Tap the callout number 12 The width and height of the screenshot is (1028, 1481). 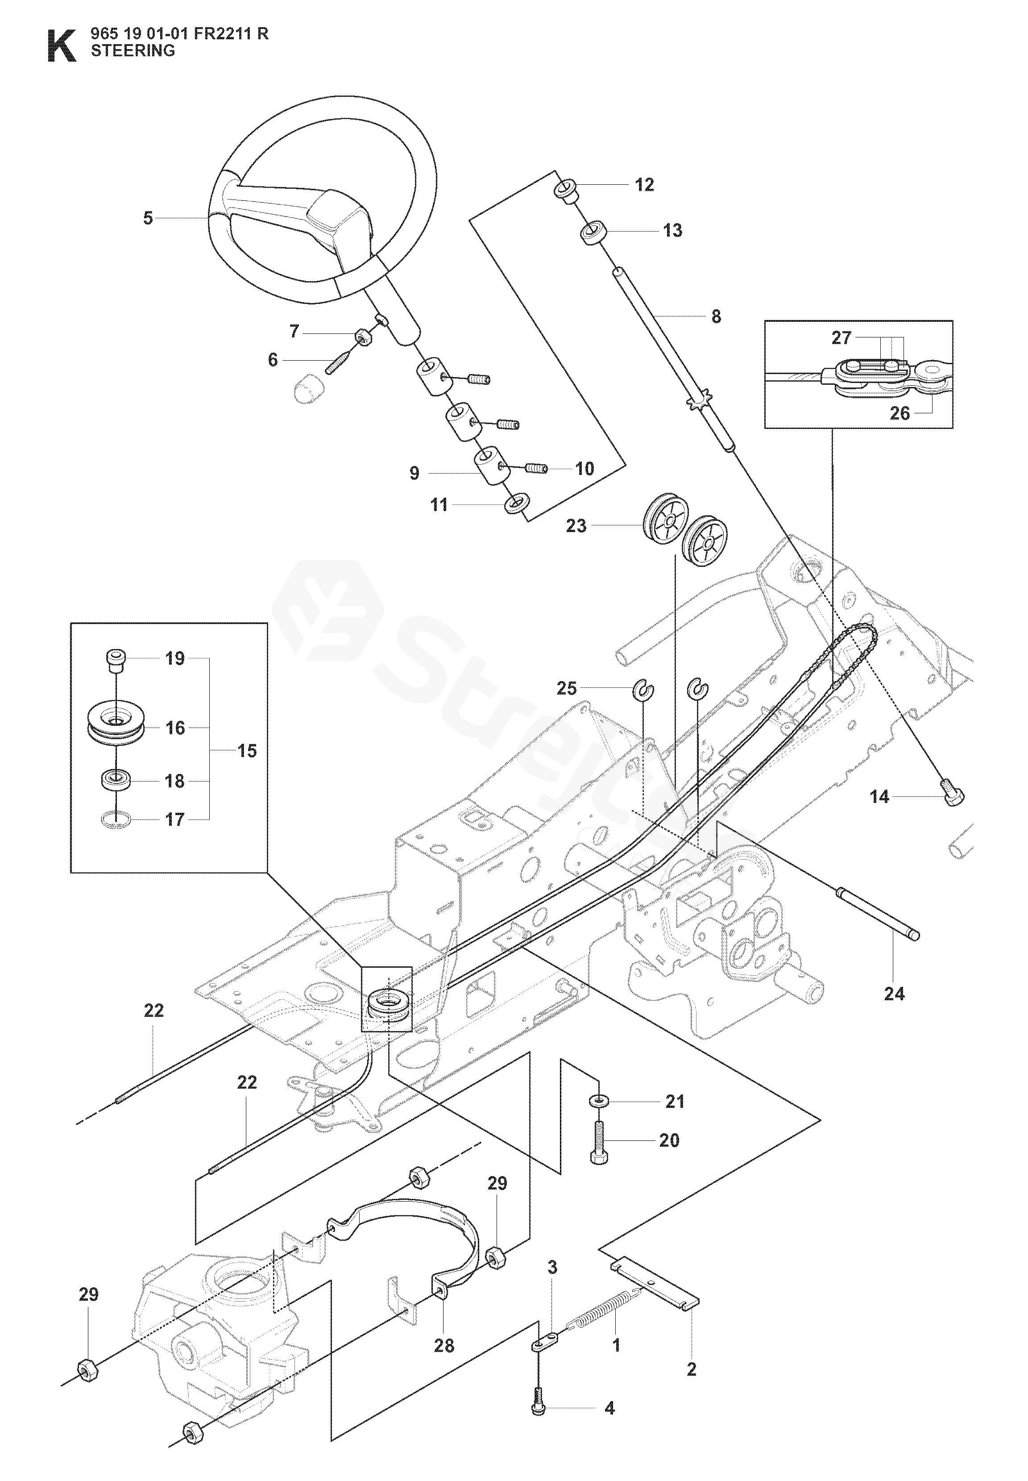click(x=644, y=185)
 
